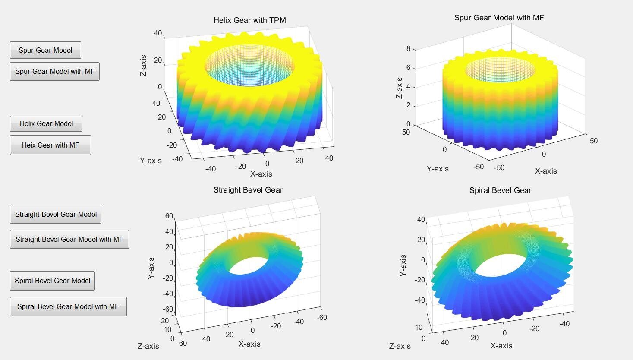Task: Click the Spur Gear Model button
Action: [45, 50]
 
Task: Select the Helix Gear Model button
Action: [46, 123]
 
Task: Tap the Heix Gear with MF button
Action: [50, 145]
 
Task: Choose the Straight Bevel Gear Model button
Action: [56, 214]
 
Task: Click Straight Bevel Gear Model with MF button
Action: [69, 239]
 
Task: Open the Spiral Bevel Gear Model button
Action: [52, 281]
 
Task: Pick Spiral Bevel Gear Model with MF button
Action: [68, 306]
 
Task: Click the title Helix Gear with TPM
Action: [249, 20]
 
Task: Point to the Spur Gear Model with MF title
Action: [499, 18]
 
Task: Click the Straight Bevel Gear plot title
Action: [248, 190]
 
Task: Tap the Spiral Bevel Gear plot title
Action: [500, 190]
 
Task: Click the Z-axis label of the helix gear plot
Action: [143, 66]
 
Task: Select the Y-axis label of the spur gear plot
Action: [438, 169]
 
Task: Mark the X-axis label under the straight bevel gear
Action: [249, 344]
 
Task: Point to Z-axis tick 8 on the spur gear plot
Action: [408, 49]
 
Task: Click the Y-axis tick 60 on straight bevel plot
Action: [169, 216]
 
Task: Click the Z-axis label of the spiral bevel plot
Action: [400, 346]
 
